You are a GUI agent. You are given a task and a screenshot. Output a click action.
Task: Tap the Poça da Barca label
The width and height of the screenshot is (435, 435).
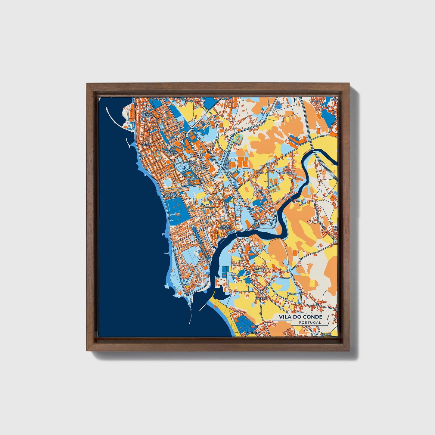pos(148,115)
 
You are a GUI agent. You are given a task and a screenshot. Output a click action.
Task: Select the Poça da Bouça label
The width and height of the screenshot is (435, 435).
pos(172,152)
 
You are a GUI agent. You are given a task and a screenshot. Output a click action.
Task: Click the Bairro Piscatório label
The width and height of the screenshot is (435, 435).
pos(170,195)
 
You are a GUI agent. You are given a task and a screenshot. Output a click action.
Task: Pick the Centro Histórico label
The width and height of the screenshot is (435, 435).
pos(226,227)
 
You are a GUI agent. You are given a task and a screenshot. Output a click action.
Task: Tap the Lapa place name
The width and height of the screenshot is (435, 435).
pos(260,173)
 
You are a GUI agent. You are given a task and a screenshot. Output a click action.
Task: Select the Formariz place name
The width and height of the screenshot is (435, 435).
pos(285,173)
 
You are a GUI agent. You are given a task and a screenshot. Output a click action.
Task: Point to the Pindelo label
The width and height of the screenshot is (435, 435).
pos(261,298)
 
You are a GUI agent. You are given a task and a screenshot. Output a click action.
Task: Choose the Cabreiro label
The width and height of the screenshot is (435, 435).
pos(253,333)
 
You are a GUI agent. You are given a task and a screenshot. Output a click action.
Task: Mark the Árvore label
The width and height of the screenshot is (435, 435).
pos(326,334)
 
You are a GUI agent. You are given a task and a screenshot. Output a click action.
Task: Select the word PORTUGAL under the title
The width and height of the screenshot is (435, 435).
pos(310,322)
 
